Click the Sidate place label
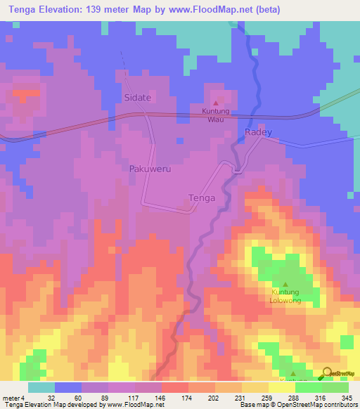[138, 97]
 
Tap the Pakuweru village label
[150, 169]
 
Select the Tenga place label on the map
[202, 198]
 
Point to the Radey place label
[258, 132]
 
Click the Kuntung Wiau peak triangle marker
[216, 103]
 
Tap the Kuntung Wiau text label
[216, 115]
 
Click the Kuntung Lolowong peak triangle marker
[285, 284]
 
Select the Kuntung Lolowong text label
[285, 296]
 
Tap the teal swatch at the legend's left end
[41, 388]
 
